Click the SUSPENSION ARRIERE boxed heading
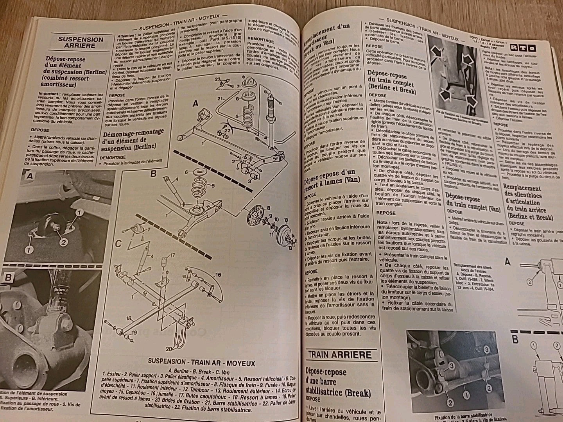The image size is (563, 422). point(81,42)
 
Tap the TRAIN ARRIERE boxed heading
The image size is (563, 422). point(339,355)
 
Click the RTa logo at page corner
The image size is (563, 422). point(522,48)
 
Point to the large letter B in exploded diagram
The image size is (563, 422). point(153,173)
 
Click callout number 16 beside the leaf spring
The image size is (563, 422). point(217,275)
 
